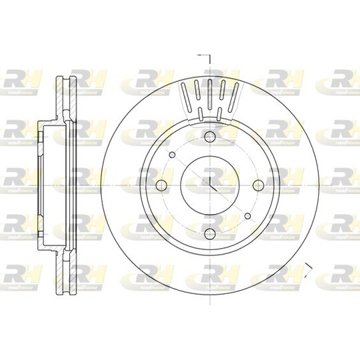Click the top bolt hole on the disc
209,137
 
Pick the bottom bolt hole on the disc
209,233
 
